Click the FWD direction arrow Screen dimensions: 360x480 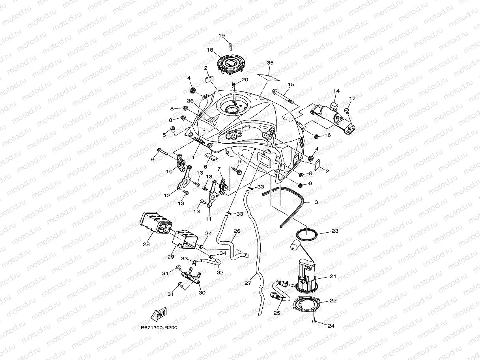coord(159,315)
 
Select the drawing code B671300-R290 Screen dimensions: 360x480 coord(156,328)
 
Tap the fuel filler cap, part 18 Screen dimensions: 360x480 coord(229,64)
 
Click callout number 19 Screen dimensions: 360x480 coord(221,36)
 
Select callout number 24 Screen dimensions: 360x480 coord(331,326)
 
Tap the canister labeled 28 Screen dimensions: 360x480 coord(152,224)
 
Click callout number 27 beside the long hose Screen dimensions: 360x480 coord(248,283)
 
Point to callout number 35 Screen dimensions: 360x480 coord(270,63)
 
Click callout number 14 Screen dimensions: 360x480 coord(336,91)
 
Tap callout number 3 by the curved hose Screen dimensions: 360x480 coord(316,202)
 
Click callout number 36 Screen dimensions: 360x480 coord(190,101)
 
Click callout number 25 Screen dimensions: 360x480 coord(276,313)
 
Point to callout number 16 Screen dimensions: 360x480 coord(327,135)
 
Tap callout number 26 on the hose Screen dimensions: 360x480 coord(237,231)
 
